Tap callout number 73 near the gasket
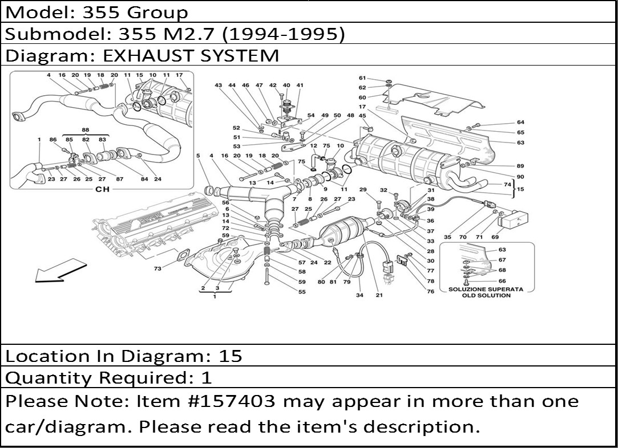158,269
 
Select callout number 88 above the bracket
86,131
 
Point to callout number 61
362,78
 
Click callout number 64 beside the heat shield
520,123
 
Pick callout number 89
520,166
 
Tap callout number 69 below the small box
495,237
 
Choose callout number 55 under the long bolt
302,292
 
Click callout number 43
218,85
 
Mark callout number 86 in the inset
53,140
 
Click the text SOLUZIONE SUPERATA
486,290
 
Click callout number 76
431,291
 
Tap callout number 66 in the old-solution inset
502,281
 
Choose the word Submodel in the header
52,34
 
